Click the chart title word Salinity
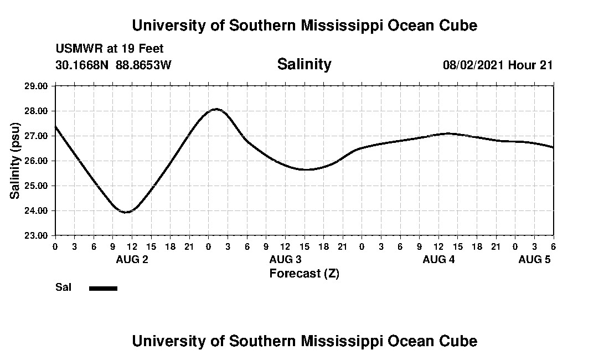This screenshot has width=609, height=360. click(x=304, y=64)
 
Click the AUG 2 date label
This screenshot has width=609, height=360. click(x=132, y=259)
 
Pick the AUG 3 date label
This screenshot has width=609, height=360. click(x=285, y=259)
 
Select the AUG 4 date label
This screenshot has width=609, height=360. click(x=438, y=259)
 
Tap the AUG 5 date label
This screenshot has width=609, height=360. click(x=534, y=259)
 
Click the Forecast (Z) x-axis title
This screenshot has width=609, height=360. click(x=304, y=273)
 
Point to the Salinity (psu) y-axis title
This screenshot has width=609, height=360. click(x=15, y=161)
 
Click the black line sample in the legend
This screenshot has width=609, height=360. click(x=103, y=288)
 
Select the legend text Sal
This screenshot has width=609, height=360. click(x=63, y=287)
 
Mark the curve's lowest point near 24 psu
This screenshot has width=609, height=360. click(x=126, y=212)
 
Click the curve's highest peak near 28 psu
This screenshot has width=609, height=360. click(x=216, y=109)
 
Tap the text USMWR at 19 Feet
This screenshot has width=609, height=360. click(x=109, y=49)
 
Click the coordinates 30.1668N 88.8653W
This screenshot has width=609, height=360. click(x=113, y=65)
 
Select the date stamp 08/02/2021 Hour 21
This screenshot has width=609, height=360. click(x=498, y=65)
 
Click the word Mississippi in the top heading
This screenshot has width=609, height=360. click(x=333, y=25)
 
